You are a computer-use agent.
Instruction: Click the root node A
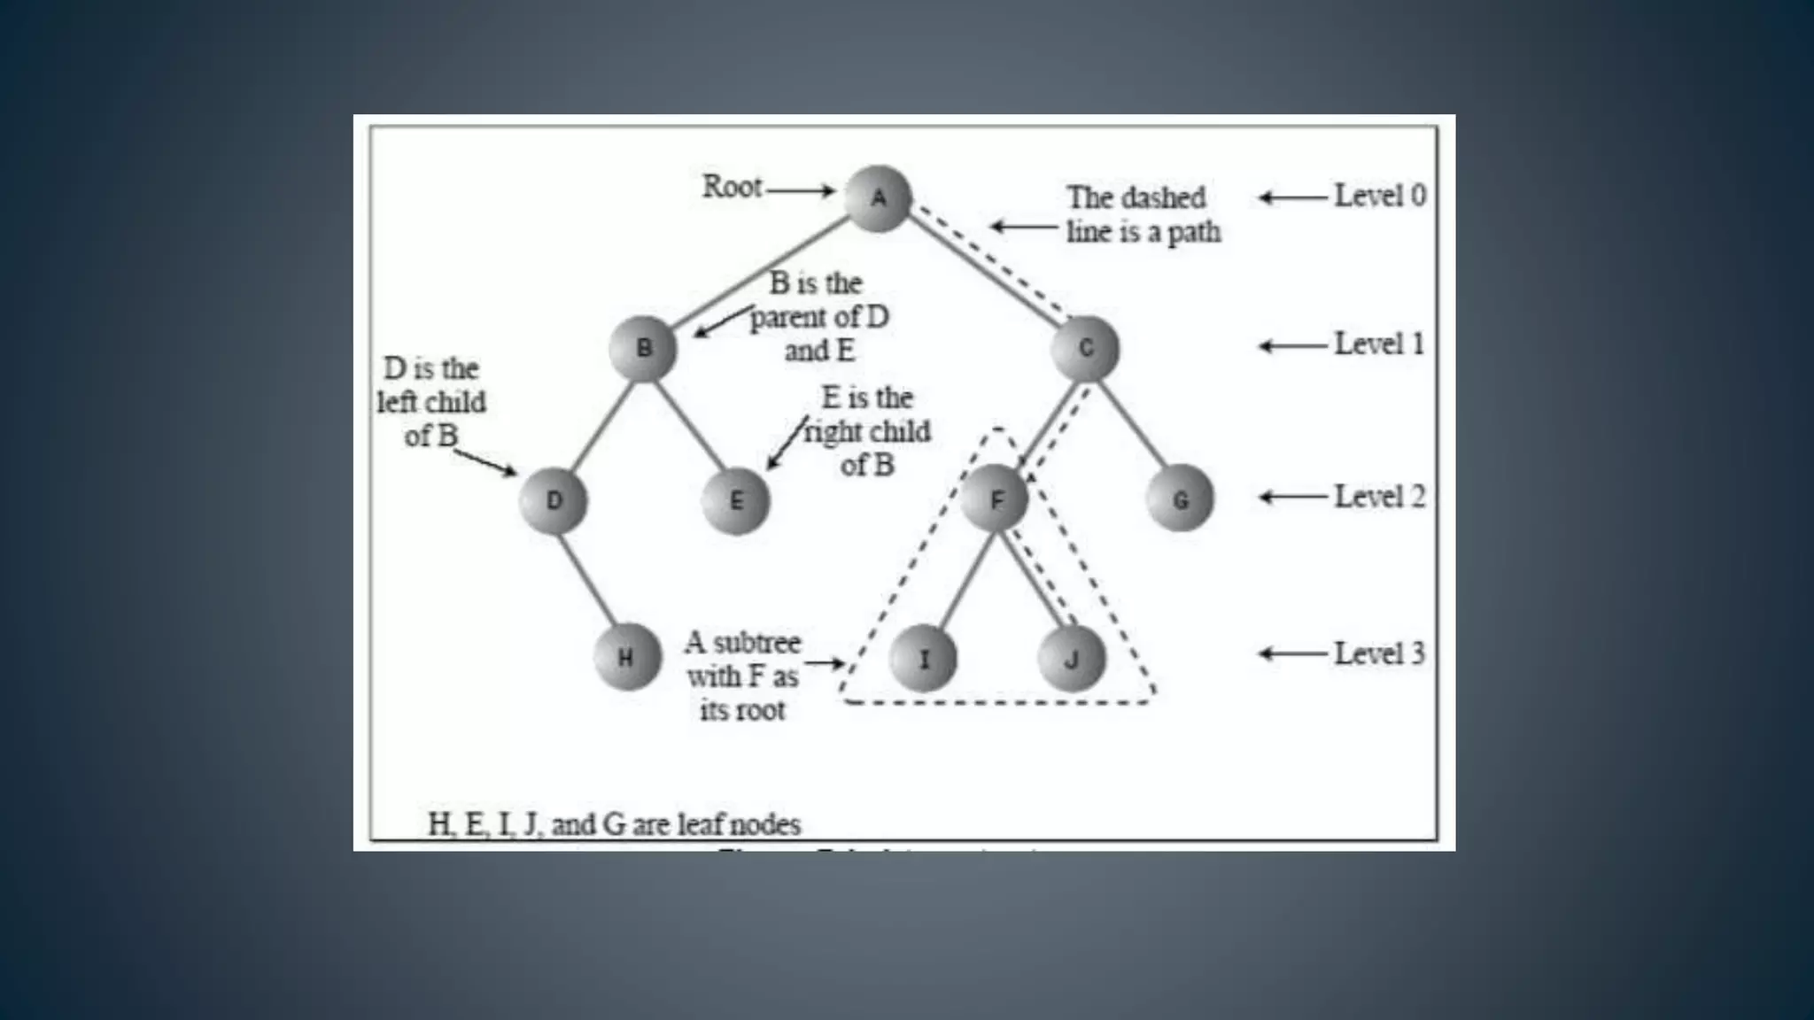click(878, 198)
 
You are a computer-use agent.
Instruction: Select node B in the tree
click(643, 349)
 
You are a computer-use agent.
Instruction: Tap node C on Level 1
click(1086, 349)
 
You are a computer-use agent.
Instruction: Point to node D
click(554, 501)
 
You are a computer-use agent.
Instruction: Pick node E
click(736, 501)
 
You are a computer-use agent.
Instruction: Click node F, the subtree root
click(996, 500)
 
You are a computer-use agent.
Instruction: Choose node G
click(1180, 500)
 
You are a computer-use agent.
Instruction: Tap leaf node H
click(626, 658)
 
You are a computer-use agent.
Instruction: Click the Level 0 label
click(1380, 196)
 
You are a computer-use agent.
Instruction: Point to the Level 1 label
click(1379, 344)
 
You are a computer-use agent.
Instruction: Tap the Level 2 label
click(1380, 497)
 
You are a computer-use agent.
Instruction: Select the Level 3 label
click(1379, 653)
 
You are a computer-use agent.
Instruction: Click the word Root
click(733, 187)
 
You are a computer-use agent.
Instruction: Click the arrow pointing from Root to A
click(802, 189)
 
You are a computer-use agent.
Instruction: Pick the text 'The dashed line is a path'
click(1143, 214)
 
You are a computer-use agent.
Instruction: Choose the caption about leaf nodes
click(614, 824)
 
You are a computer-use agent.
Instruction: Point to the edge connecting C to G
click(1133, 424)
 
